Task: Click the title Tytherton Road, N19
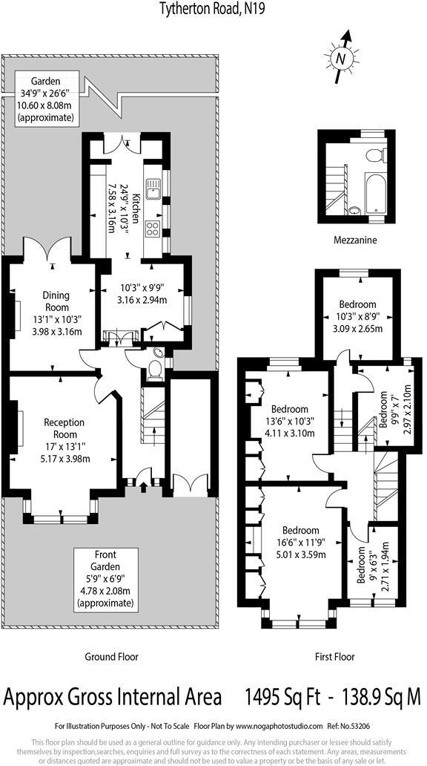pyautogui.click(x=213, y=8)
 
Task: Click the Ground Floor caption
pyautogui.click(x=110, y=656)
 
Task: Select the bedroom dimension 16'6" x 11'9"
pyautogui.click(x=300, y=542)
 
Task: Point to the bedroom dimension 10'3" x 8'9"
pyautogui.click(x=357, y=316)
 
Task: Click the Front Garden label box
pyautogui.click(x=105, y=579)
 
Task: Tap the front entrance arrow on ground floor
pyautogui.click(x=142, y=488)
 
